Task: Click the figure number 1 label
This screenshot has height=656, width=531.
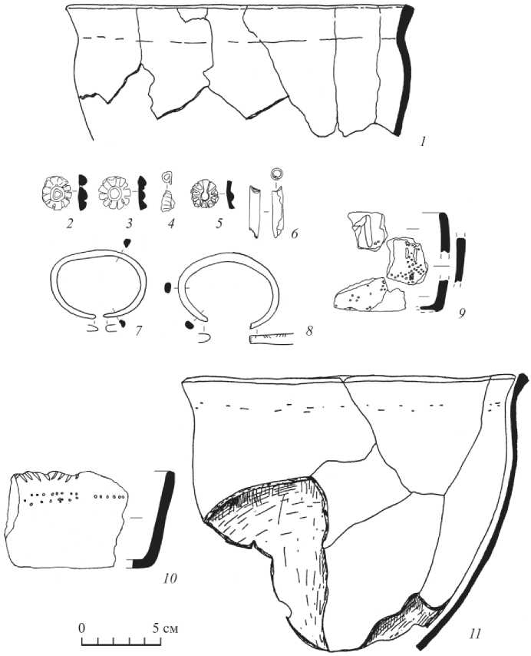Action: pyautogui.click(x=424, y=142)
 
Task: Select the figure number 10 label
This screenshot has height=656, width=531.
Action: pyautogui.click(x=170, y=578)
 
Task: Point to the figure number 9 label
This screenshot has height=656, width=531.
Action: pyautogui.click(x=461, y=313)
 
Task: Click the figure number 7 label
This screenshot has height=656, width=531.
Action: pyautogui.click(x=138, y=330)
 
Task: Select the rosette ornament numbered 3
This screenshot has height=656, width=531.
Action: pyautogui.click(x=114, y=193)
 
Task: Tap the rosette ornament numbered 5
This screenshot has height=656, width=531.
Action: pyautogui.click(x=205, y=194)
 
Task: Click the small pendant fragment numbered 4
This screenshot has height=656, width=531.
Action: pyautogui.click(x=167, y=200)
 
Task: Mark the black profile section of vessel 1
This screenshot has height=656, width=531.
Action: pyautogui.click(x=403, y=71)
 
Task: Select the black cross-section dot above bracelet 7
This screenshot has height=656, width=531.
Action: pyautogui.click(x=127, y=242)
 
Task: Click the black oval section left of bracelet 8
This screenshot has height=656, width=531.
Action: pyautogui.click(x=168, y=287)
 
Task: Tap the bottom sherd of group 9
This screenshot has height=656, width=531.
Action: pyautogui.click(x=370, y=295)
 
